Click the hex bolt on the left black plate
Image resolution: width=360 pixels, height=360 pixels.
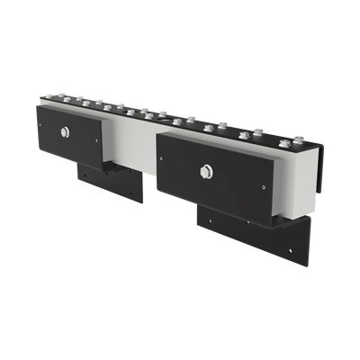coord(67,133)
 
